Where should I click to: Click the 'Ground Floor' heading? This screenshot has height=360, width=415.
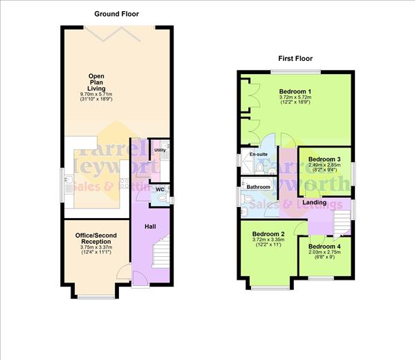pyautogui.click(x=116, y=13)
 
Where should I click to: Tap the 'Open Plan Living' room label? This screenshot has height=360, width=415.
pyautogui.click(x=95, y=82)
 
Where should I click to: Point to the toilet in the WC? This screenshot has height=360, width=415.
pyautogui.click(x=162, y=199)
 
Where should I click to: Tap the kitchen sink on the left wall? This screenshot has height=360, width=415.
pyautogui.click(x=69, y=183)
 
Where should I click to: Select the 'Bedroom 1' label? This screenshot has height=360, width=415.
pyautogui.click(x=295, y=91)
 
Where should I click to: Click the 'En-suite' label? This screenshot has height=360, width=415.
pyautogui.click(x=250, y=154)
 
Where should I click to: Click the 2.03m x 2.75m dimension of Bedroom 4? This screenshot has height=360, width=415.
pyautogui.click(x=325, y=253)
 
